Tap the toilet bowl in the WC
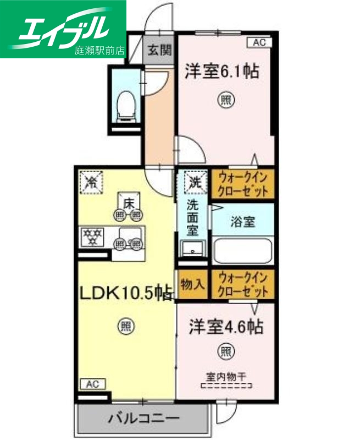tap(126, 104)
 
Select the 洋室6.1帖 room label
tap(222, 71)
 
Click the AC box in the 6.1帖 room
tap(259, 42)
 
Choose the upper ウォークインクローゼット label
tap(243, 184)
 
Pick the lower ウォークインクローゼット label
tap(243, 284)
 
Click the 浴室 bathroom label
tap(242, 223)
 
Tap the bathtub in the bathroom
tap(242, 250)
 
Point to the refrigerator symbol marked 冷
tap(91, 182)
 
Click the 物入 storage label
tap(193, 284)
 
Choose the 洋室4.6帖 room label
tap(225, 327)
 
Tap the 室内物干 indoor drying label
tap(226, 378)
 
